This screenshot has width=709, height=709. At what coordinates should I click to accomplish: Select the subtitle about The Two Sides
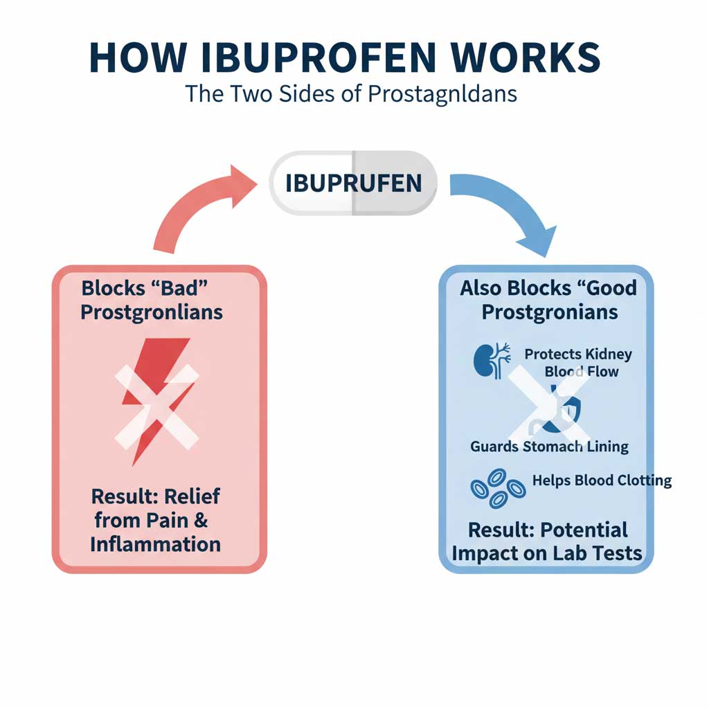pyautogui.click(x=351, y=93)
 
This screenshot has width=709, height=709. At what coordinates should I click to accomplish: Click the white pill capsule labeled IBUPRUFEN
pyautogui.click(x=353, y=183)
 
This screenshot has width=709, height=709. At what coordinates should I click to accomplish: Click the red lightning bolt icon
pyautogui.click(x=155, y=395)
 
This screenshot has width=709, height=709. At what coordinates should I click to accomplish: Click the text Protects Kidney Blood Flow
pyautogui.click(x=579, y=363)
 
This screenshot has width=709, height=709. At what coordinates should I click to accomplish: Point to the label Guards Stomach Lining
pyautogui.click(x=549, y=447)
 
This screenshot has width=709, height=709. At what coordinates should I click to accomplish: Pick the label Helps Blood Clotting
pyautogui.click(x=602, y=480)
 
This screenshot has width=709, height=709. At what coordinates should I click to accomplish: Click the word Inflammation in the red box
pyautogui.click(x=155, y=543)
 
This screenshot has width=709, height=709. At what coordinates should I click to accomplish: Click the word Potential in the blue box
pyautogui.click(x=583, y=530)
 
